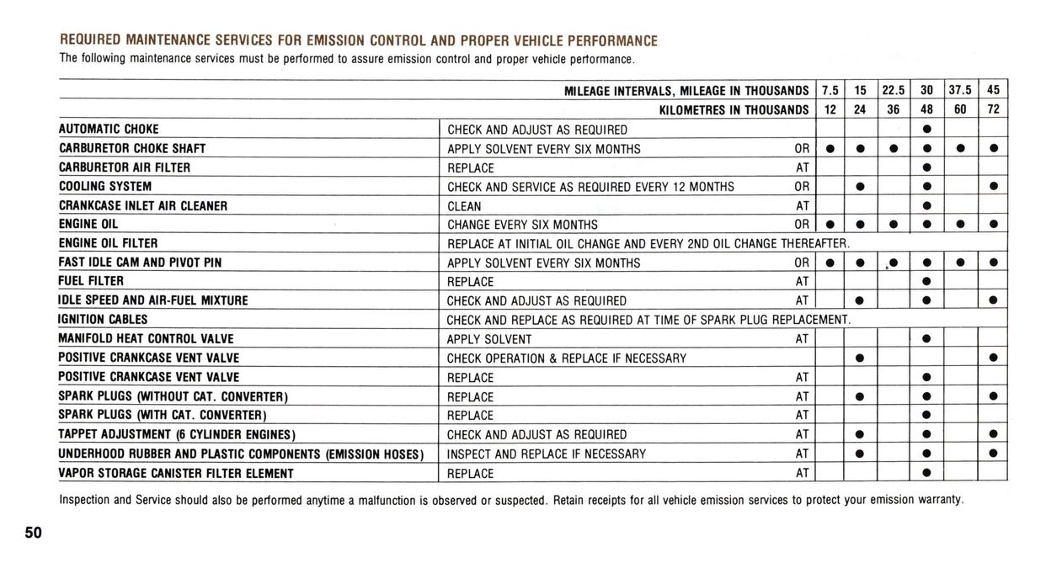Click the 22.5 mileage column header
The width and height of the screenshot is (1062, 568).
point(893,91)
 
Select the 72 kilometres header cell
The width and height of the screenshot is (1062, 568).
point(993,109)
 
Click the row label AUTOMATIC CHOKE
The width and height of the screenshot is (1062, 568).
point(109,130)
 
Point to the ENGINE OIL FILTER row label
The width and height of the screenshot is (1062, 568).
point(108,243)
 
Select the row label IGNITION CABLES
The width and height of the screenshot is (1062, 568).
point(103,320)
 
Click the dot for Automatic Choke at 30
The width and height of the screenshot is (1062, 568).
point(926,130)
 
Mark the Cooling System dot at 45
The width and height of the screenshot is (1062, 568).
point(994,186)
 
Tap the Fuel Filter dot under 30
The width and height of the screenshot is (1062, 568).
point(926,281)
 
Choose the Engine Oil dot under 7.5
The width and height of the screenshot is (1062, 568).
point(830,224)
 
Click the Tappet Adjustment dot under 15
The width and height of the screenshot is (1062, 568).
point(860,434)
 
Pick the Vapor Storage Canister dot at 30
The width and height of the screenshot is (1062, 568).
point(926,473)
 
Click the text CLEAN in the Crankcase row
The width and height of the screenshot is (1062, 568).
point(464,206)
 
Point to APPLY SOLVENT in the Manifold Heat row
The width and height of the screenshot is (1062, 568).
point(489,339)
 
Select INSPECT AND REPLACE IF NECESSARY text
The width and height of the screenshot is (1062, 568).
point(547,454)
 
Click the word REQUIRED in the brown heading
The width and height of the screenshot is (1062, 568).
point(89,40)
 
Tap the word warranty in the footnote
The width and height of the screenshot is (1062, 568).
point(940,500)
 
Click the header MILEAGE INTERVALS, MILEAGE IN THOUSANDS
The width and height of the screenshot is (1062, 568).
point(686,91)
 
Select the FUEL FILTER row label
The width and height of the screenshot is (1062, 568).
point(91,281)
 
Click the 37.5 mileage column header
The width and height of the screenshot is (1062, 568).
point(960,91)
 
